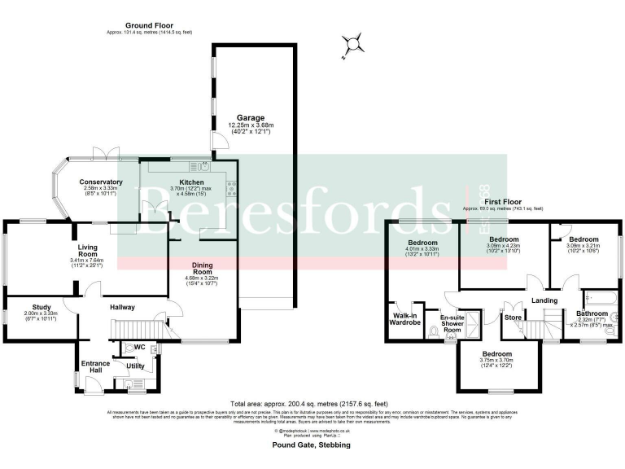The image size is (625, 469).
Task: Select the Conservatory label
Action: click(101, 182)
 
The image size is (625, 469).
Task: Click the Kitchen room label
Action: click(183, 182)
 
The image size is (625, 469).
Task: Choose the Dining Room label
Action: click(203, 270)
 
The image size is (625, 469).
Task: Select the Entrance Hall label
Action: click(95, 366)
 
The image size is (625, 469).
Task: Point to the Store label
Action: click(513, 317)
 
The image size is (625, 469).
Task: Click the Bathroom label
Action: click(592, 313)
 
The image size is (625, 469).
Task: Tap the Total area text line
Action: click(312, 404)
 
